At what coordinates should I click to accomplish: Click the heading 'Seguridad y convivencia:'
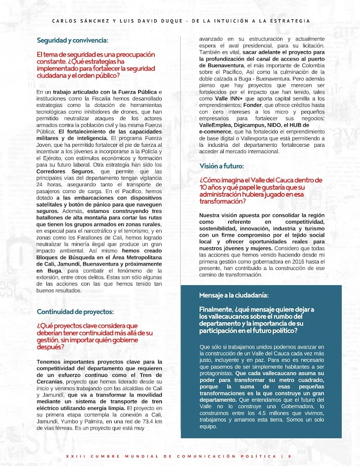[x=72, y=40]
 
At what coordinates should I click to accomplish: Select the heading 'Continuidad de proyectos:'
[x=75, y=312]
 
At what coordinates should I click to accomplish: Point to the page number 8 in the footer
[x=290, y=456]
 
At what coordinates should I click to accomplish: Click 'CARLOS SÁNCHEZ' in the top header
[x=76, y=21]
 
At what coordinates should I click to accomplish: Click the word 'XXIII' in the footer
[x=74, y=456]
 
